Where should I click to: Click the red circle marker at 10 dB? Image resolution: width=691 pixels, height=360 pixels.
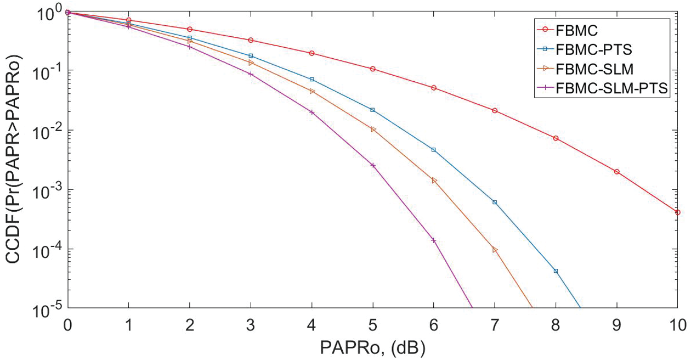coord(678,212)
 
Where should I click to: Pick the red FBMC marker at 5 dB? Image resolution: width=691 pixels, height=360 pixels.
coord(373,69)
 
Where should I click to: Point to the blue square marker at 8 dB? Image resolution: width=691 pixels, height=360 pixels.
coord(556,271)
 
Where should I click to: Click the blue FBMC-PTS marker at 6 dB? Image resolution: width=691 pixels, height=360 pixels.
coord(434,150)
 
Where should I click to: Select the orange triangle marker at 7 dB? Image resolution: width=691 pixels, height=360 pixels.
coord(495,250)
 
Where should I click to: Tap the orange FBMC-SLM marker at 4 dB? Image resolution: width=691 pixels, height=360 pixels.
coord(312,91)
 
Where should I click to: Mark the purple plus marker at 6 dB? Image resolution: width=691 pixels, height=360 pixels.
coord(434,240)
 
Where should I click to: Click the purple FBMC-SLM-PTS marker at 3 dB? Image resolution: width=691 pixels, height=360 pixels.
coord(251,74)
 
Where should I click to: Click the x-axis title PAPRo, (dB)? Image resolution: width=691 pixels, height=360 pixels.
coord(373,347)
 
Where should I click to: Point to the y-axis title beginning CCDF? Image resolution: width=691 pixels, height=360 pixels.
coord(15,159)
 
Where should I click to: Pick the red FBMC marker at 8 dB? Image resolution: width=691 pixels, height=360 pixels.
coord(556,138)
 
